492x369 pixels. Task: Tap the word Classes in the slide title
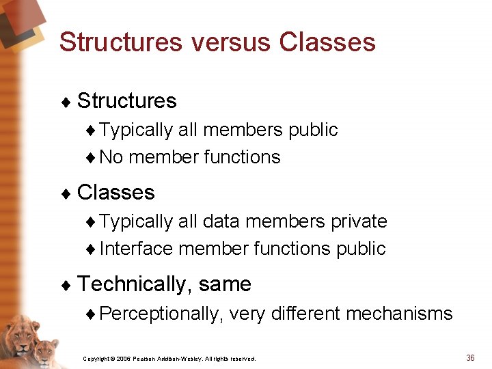click(327, 42)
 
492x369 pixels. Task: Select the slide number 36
click(470, 357)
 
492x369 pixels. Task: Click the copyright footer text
click(169, 358)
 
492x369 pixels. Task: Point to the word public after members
click(313, 130)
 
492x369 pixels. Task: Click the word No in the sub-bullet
click(111, 157)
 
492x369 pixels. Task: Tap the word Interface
click(136, 249)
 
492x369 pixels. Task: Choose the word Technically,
click(135, 284)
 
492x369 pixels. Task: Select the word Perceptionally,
click(161, 314)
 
